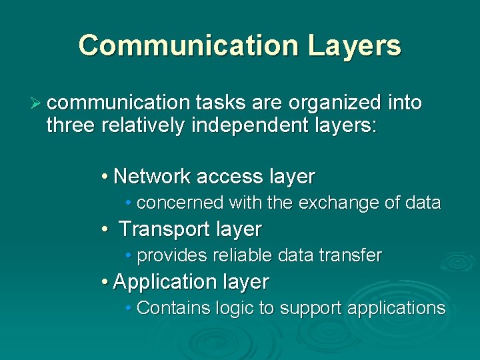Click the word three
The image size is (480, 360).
point(71,125)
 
